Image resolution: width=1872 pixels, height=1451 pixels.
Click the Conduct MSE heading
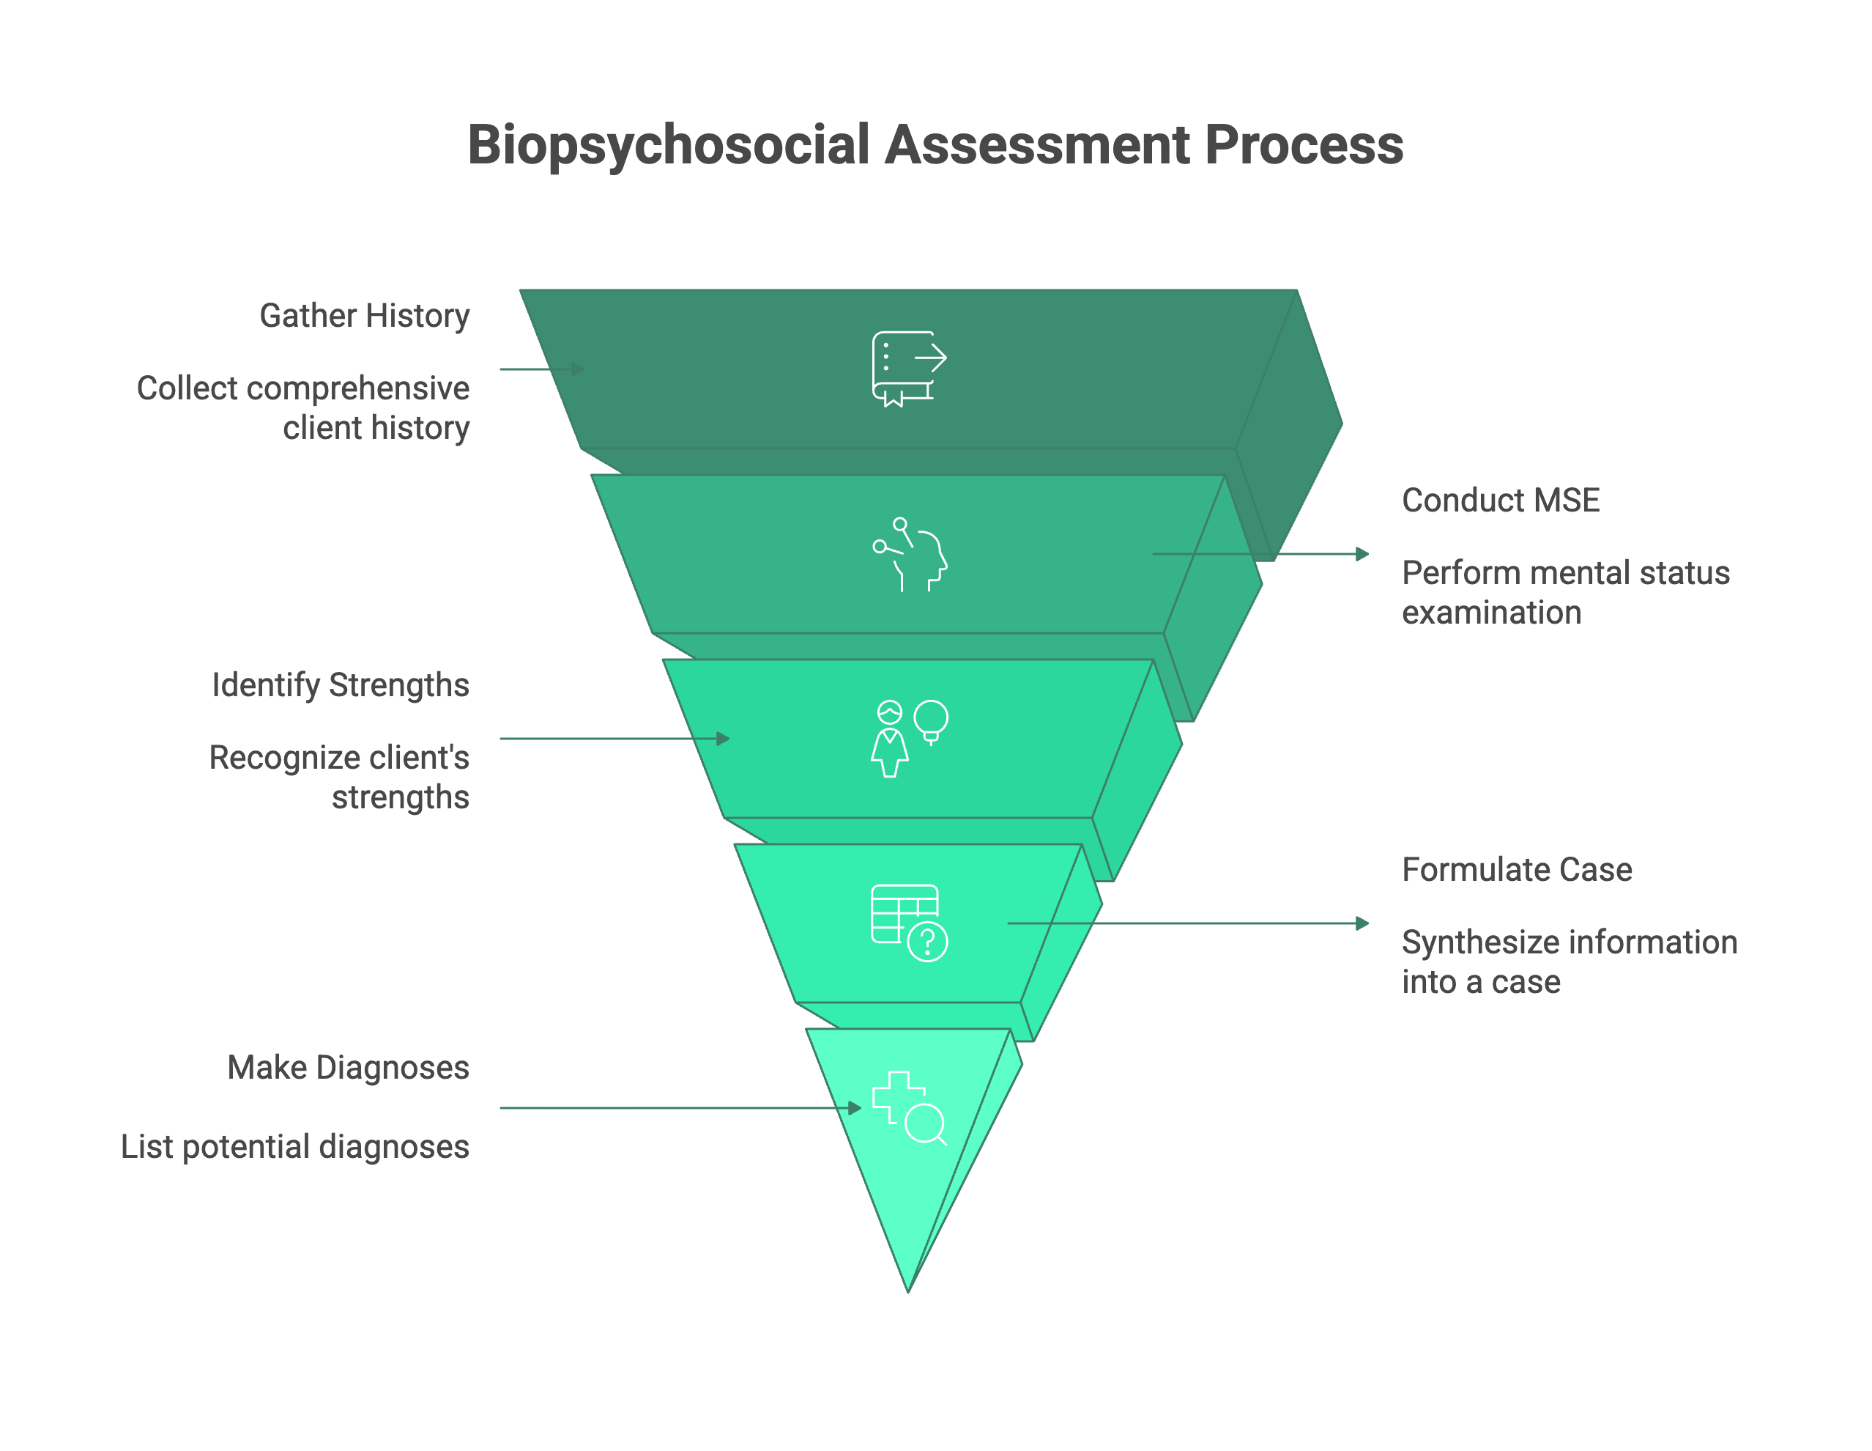1500,500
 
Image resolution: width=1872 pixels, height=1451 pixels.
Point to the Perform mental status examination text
1564,591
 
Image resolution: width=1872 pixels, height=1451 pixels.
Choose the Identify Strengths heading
341,684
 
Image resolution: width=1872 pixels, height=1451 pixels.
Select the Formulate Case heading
1516,870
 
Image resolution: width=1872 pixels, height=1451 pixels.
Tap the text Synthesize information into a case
1569,961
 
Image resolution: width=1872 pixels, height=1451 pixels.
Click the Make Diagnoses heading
348,1067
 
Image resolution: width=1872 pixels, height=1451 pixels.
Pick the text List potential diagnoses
295,1147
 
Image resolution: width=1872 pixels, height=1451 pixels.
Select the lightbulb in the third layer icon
931,720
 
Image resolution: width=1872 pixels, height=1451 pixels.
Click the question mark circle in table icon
927,942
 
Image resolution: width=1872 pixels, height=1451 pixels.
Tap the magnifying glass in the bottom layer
925,1123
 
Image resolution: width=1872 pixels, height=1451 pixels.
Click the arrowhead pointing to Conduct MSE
1362,554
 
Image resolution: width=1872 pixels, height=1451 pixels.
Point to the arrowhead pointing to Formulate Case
1362,923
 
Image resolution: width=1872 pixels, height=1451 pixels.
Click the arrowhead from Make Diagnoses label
855,1108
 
